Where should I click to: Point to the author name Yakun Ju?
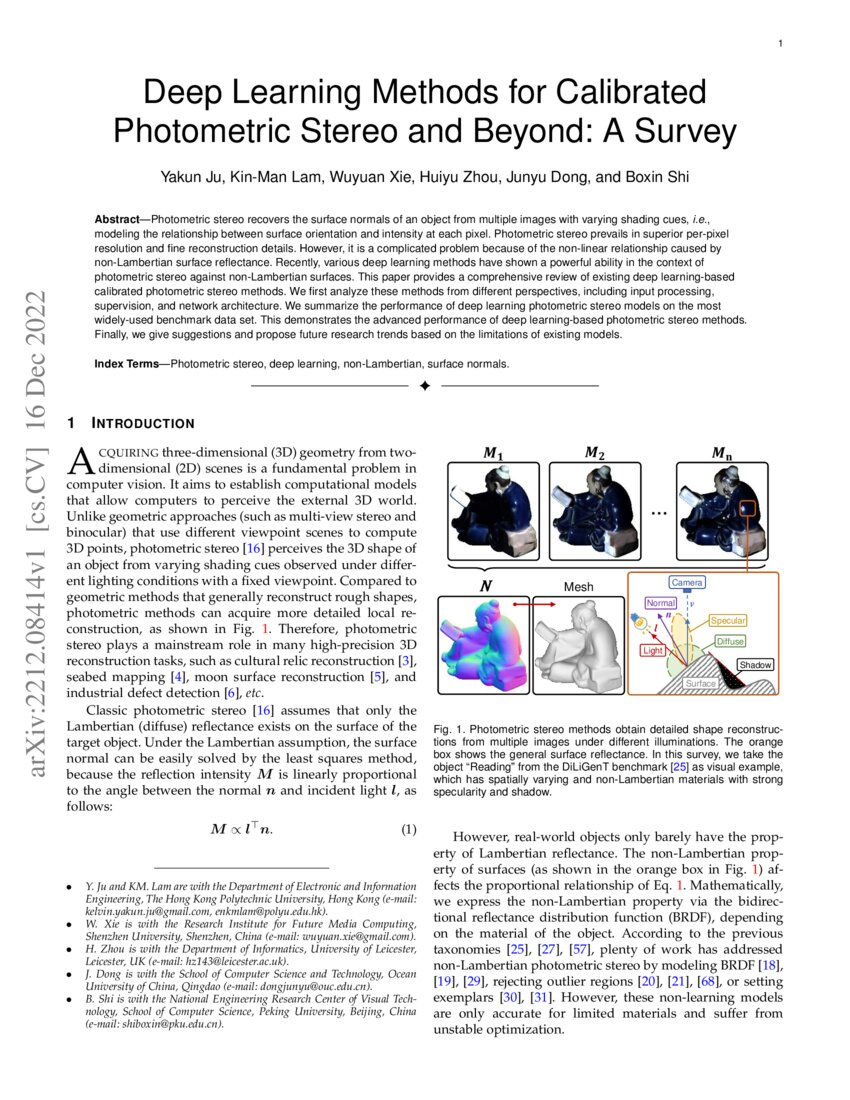(191, 178)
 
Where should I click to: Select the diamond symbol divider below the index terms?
(424, 386)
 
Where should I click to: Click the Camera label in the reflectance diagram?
(687, 582)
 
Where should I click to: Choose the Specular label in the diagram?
(729, 621)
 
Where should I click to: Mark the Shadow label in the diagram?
(755, 664)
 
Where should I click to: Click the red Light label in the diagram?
(653, 650)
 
